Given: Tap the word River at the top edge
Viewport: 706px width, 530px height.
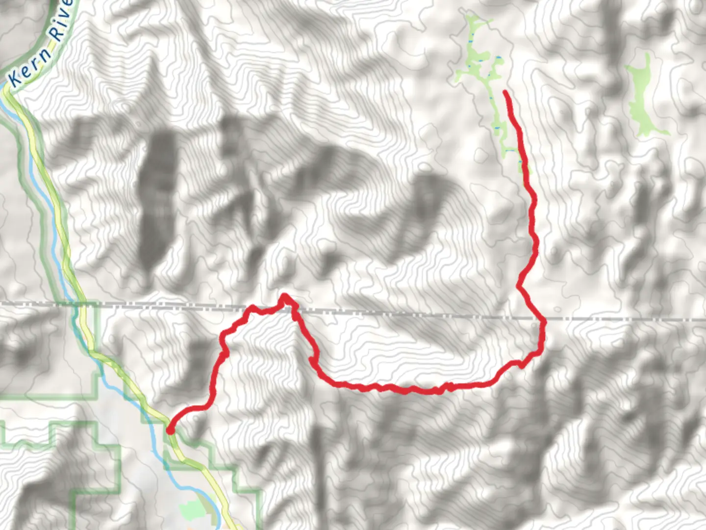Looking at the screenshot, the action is pyautogui.click(x=62, y=22).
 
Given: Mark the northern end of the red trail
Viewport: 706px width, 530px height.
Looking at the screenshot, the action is pyautogui.click(x=505, y=92).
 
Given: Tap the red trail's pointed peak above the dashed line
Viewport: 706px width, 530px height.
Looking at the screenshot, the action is pyautogui.click(x=284, y=296).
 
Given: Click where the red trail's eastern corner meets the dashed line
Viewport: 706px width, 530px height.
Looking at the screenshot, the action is pyautogui.click(x=543, y=321).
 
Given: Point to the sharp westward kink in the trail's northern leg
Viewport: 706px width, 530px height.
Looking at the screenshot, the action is pyautogui.click(x=519, y=285).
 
